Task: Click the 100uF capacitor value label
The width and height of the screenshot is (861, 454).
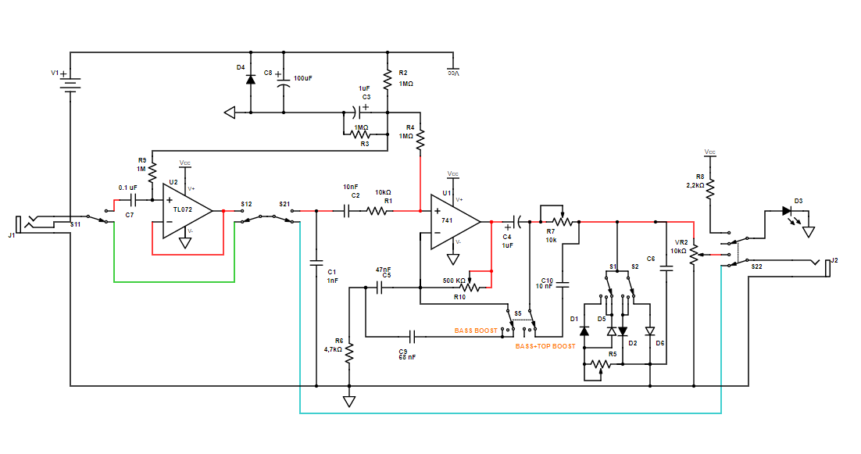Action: click(x=302, y=79)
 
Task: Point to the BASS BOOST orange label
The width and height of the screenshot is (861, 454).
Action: click(x=475, y=331)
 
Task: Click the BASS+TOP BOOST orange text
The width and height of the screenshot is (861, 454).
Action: click(x=545, y=345)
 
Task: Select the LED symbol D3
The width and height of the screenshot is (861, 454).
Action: click(x=788, y=211)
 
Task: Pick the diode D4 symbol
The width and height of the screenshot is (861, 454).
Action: click(x=250, y=79)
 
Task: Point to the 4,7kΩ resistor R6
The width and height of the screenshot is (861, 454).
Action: click(x=349, y=355)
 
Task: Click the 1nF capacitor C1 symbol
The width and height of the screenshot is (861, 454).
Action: click(x=316, y=263)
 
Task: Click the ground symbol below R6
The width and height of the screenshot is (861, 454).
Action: click(x=349, y=402)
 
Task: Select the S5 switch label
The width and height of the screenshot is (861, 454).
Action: click(x=518, y=313)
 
